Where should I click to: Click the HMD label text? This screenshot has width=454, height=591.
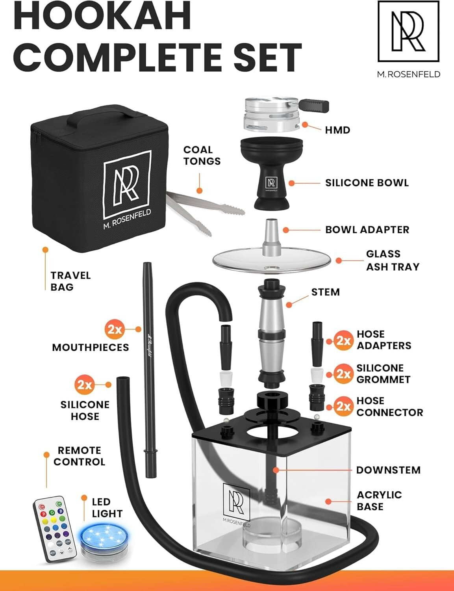(337, 130)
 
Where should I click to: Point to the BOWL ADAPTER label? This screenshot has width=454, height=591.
(367, 230)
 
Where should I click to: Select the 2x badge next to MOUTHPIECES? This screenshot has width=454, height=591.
(115, 329)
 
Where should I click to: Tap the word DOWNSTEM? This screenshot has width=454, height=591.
(388, 470)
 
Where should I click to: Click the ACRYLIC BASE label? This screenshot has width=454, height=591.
(379, 500)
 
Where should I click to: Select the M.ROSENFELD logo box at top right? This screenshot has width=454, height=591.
(408, 32)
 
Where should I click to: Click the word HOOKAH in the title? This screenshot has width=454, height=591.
(102, 17)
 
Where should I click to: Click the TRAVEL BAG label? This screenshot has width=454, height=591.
(70, 281)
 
